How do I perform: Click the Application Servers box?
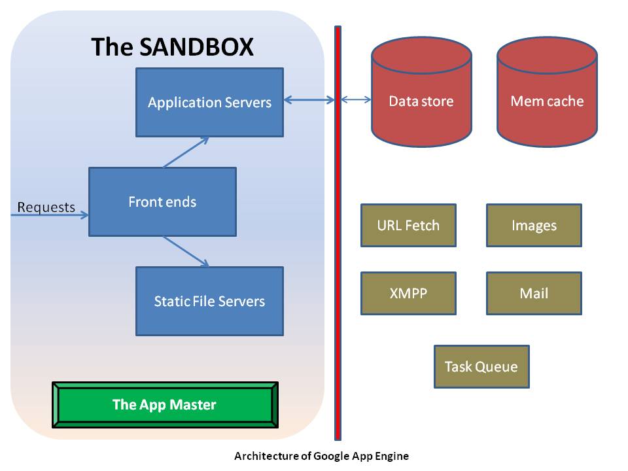coord(209,103)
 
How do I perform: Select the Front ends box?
coord(162,201)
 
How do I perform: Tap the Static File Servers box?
coord(209,301)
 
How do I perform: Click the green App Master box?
coord(164,405)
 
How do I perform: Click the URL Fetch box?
coord(408,226)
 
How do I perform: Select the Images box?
coord(534,226)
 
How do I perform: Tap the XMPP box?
coord(408,294)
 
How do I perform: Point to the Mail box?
coord(534,294)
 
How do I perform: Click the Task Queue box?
coord(481,367)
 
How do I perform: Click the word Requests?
coord(46,207)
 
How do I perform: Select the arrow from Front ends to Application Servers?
coord(186,152)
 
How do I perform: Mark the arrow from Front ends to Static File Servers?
coord(186,251)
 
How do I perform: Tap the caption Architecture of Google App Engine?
coord(321,457)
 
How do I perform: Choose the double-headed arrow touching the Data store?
coord(357,100)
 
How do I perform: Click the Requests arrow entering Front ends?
coord(49,215)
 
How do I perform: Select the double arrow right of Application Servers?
coord(309,100)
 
